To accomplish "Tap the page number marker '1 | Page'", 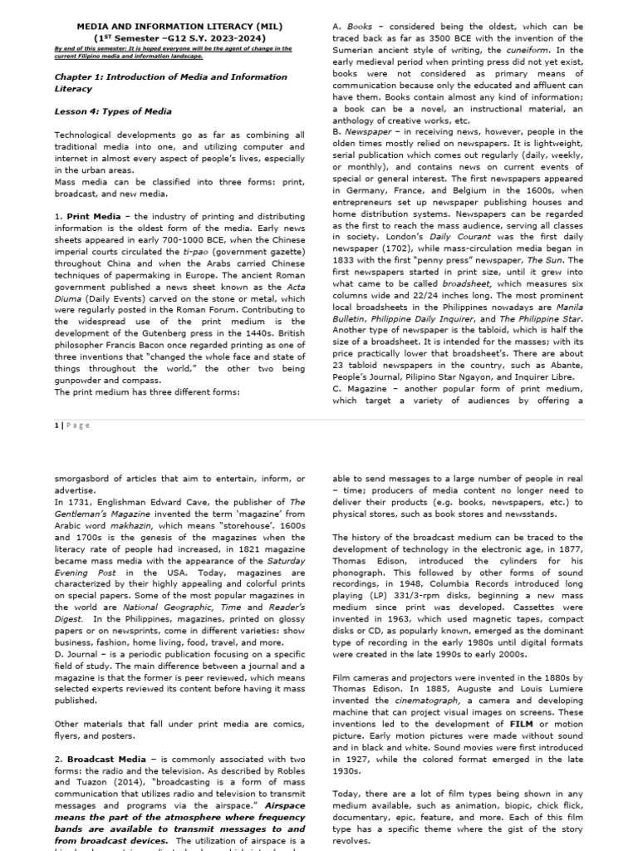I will [x=71, y=425].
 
